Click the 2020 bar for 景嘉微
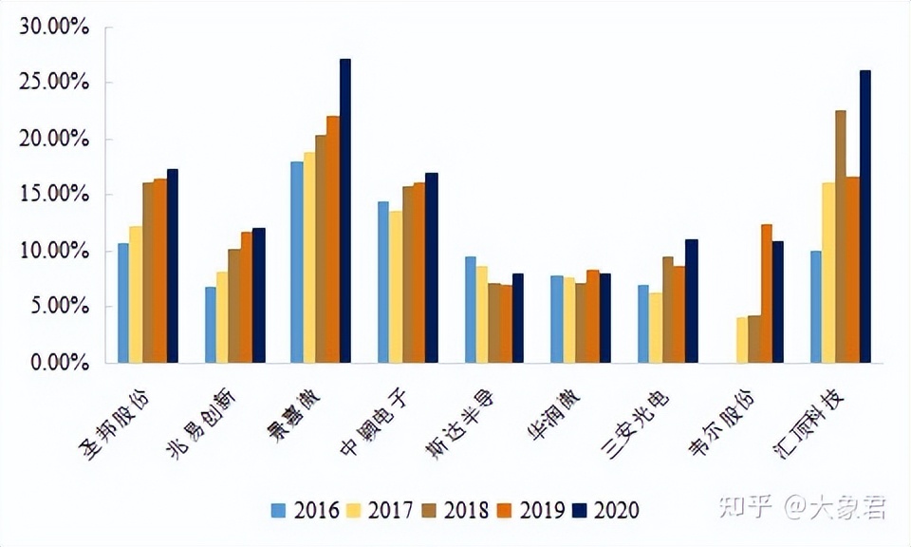[x=345, y=211]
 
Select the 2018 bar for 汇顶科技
[x=841, y=236]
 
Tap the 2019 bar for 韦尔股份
[x=767, y=293]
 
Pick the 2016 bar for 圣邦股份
[x=123, y=303]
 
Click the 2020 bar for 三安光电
[x=692, y=301]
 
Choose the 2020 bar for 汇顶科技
[x=865, y=217]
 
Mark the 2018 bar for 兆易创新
[x=234, y=306]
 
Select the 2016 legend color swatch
[x=277, y=510]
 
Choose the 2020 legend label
[x=616, y=510]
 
